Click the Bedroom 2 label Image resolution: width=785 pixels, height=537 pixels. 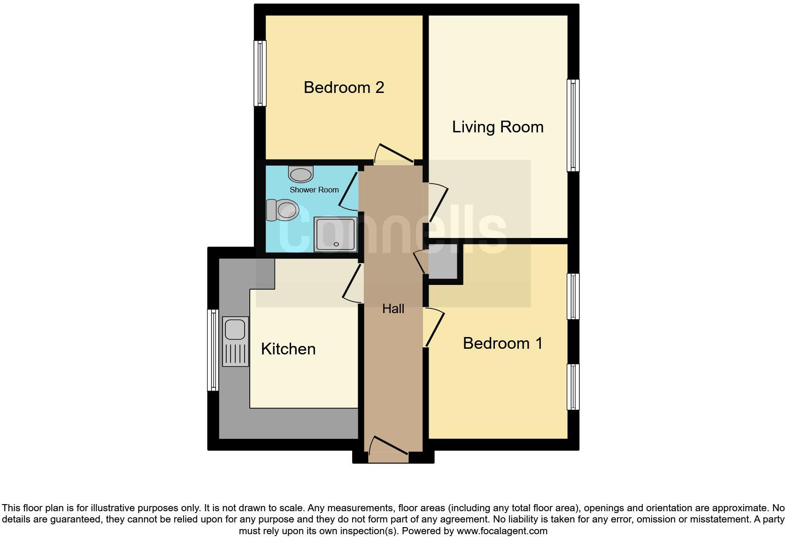(344, 87)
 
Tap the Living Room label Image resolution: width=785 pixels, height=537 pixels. (498, 127)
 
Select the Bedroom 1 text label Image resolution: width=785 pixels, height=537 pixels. (502, 343)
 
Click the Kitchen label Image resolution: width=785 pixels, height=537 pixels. (288, 349)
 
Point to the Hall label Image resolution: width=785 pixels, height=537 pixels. (393, 308)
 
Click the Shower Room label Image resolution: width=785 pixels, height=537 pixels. (314, 190)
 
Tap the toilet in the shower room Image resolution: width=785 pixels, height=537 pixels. (283, 210)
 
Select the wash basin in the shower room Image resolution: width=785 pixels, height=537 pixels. (301, 174)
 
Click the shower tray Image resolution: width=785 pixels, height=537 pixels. (335, 234)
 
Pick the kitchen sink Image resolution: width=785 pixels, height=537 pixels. (235, 341)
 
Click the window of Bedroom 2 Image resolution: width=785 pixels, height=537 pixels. (260, 73)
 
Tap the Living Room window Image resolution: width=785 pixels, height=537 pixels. (573, 125)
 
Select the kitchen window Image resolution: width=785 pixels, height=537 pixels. (213, 350)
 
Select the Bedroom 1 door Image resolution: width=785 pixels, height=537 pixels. (434, 327)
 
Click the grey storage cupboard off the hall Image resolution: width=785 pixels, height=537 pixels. (443, 261)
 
